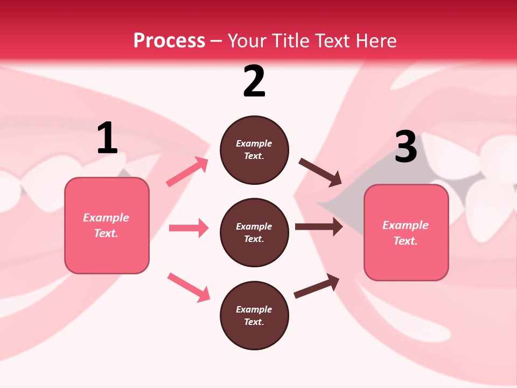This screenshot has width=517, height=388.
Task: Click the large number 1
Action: tap(107, 138)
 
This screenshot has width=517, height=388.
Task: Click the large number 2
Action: tap(254, 81)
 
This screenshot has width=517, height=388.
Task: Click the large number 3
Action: tap(406, 147)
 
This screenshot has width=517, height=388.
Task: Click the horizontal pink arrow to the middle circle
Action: tap(188, 228)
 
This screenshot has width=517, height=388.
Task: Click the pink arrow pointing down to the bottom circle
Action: tap(188, 287)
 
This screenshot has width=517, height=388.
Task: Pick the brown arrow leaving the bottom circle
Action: tap(317, 286)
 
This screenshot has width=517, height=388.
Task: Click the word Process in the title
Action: tap(169, 40)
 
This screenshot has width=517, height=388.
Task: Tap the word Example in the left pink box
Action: tap(106, 218)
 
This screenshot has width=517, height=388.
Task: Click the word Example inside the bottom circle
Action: tap(254, 309)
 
